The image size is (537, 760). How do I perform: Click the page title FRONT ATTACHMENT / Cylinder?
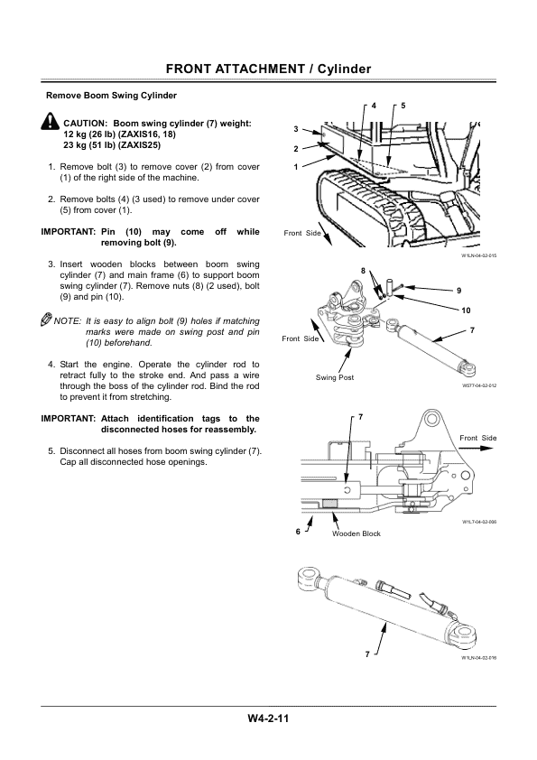268,70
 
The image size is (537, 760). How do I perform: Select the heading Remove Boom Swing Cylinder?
111,96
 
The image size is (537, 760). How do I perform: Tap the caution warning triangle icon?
51,124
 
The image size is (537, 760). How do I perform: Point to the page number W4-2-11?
268,718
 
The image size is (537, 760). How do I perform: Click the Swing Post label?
334,376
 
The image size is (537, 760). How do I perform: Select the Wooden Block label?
356,533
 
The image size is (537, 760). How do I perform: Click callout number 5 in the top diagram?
403,106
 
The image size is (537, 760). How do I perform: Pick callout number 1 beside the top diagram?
295,167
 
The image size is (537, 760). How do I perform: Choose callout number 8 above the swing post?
363,271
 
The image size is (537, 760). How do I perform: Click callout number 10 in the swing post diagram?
466,310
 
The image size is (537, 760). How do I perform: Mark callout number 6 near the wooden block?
299,531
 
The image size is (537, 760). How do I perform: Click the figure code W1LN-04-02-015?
478,255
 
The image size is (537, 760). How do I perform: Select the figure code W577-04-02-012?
478,385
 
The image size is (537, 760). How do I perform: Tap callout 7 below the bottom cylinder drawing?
367,653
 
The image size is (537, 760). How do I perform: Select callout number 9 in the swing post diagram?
458,291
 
